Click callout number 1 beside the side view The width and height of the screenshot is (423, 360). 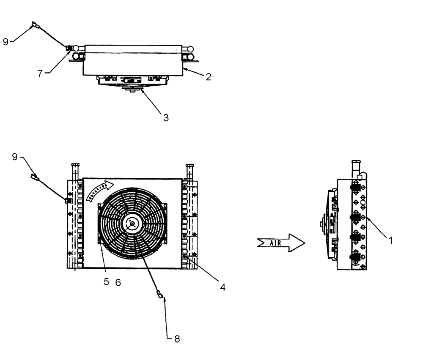click(391, 240)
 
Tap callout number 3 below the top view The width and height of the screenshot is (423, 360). click(166, 118)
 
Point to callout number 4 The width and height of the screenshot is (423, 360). click(222, 287)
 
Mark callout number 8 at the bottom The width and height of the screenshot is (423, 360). click(177, 339)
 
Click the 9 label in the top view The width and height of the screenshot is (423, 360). click(5, 41)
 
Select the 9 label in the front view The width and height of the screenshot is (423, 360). click(15, 157)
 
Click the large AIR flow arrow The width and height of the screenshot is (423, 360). click(280, 243)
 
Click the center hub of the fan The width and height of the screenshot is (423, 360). click(132, 224)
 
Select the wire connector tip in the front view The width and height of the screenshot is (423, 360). click(34, 176)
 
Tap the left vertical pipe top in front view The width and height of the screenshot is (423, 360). click(75, 166)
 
